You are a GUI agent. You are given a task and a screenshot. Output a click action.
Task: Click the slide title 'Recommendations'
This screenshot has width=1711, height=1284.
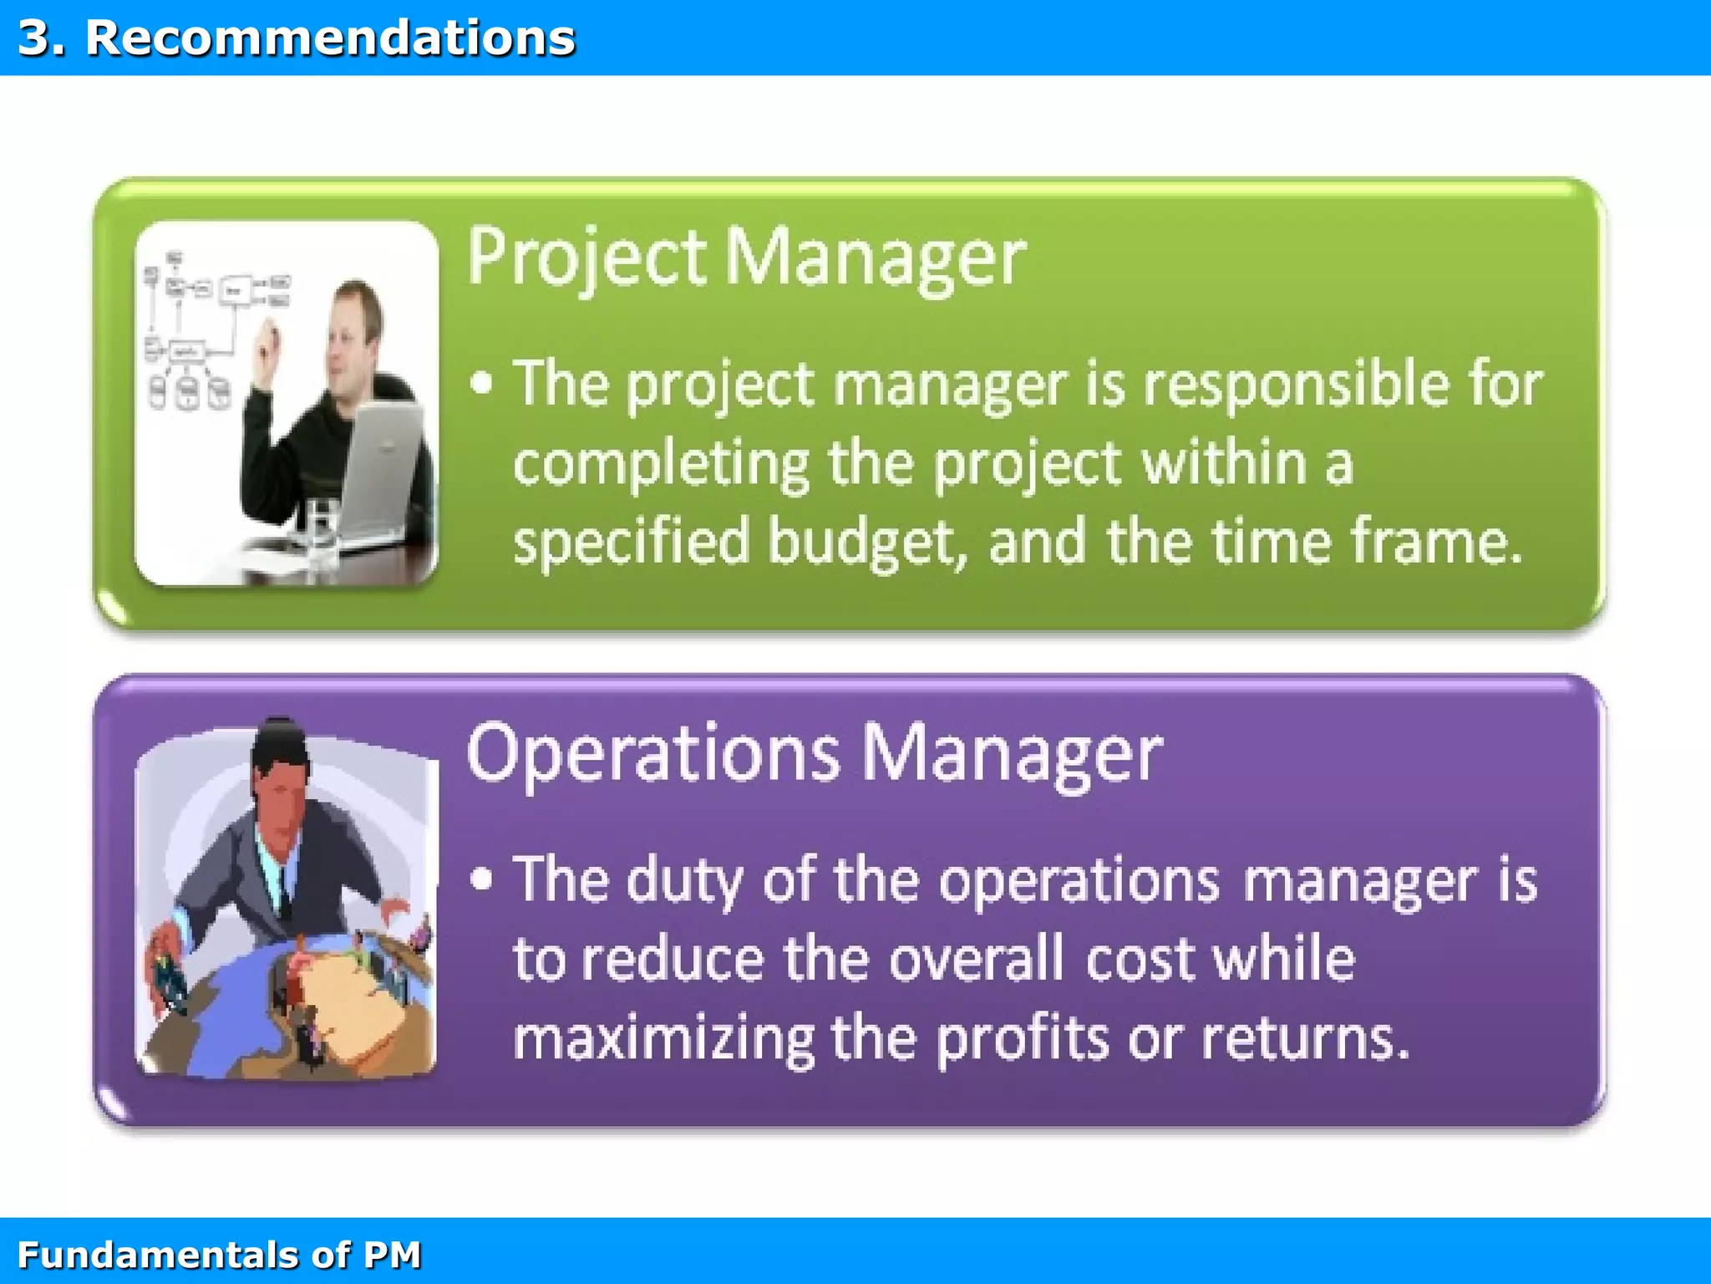click(330, 38)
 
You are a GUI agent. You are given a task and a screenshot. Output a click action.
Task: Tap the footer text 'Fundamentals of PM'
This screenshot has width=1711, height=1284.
click(219, 1255)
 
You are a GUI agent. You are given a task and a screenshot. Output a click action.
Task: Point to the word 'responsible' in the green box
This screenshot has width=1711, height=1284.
click(1296, 385)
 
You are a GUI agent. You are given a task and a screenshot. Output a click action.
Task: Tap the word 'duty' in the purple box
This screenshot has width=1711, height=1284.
click(684, 880)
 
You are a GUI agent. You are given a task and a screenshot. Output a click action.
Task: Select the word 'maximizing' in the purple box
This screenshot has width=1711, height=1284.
click(663, 1039)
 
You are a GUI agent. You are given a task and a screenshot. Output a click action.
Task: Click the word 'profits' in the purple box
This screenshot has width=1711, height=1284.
click(1023, 1039)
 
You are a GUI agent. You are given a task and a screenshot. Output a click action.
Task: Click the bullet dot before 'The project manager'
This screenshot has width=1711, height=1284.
click(481, 384)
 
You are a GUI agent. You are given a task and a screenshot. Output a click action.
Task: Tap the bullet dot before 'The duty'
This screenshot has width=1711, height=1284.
click(481, 879)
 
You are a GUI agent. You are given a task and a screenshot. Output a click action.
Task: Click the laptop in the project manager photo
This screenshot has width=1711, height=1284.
click(380, 468)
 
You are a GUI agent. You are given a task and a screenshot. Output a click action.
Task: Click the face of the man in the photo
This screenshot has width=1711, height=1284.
click(351, 334)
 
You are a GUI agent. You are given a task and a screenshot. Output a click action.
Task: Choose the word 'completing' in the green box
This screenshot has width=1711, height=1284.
click(661, 465)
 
